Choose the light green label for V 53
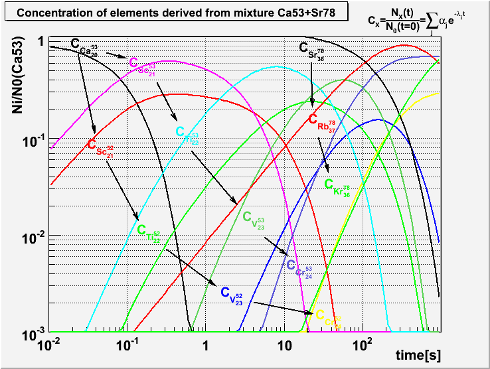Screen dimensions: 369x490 [x=255, y=218]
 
